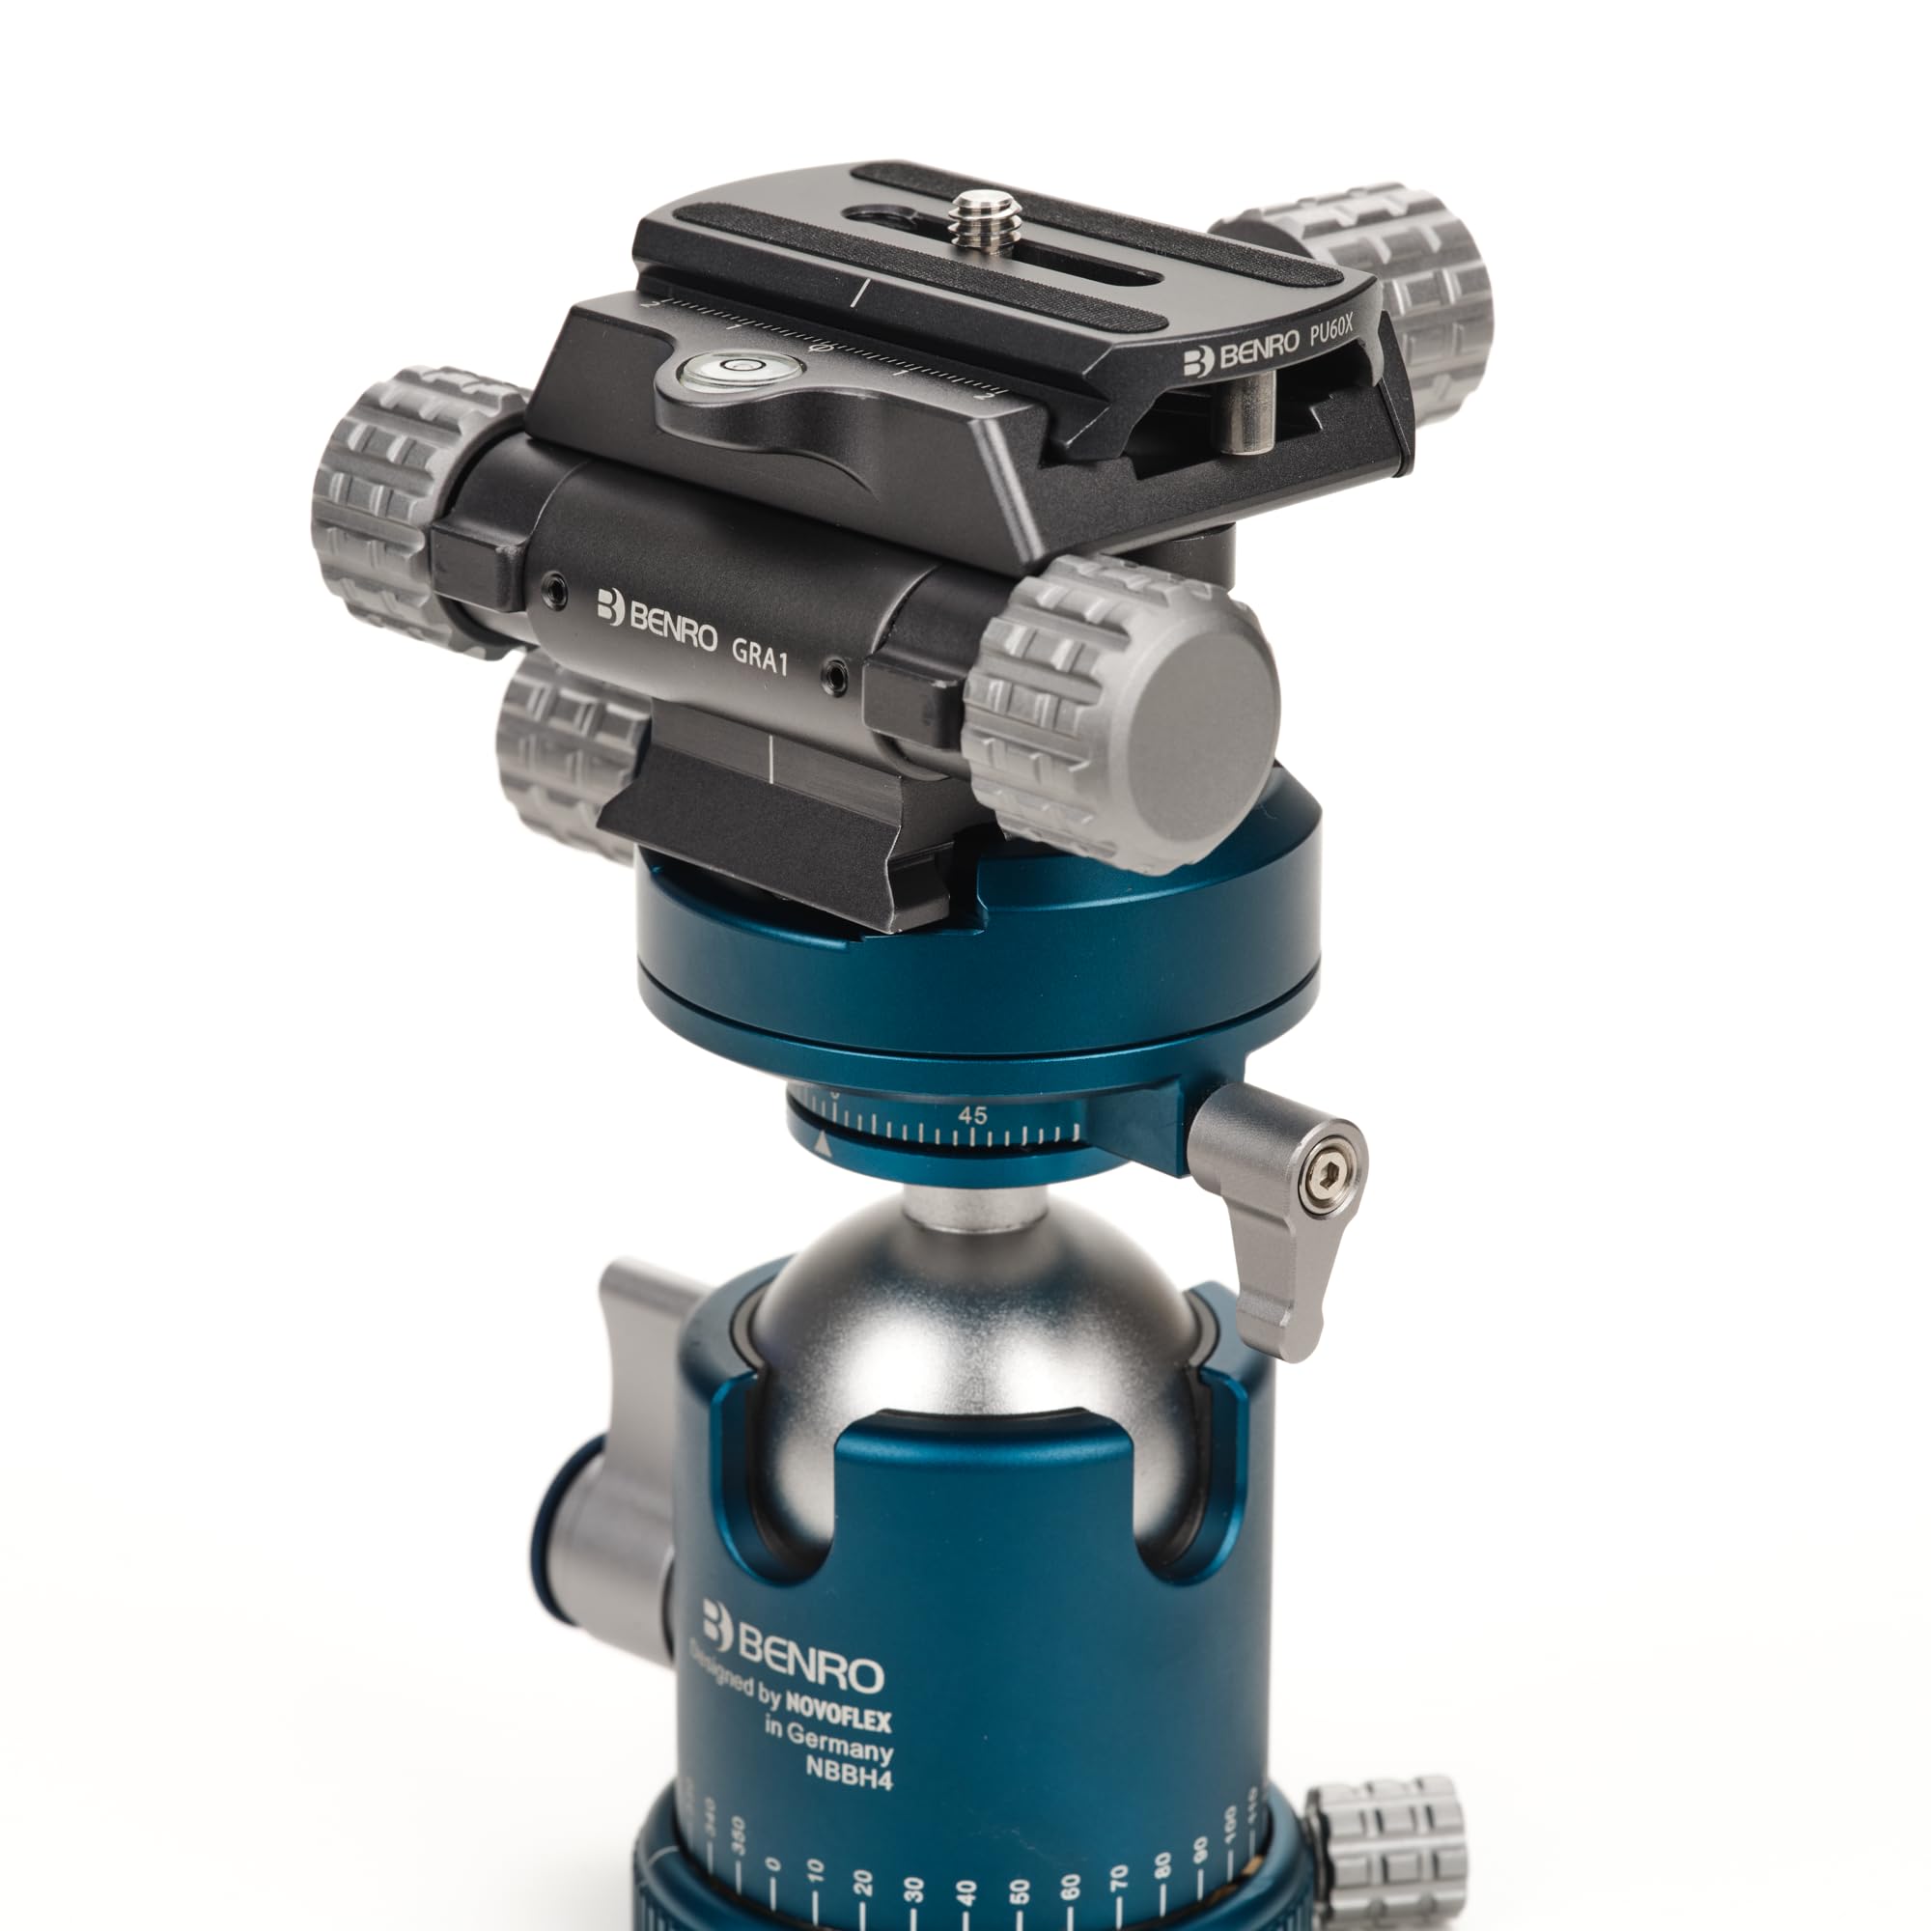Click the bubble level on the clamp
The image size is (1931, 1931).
click(741, 369)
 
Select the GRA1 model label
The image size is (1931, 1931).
click(760, 657)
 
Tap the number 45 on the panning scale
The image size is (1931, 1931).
click(971, 1114)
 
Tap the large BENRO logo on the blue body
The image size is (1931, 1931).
click(793, 1654)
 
